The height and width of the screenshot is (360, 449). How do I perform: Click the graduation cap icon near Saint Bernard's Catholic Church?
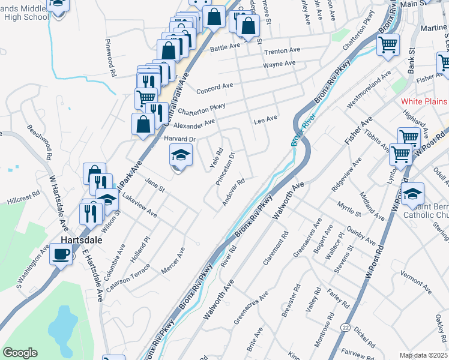click(412, 193)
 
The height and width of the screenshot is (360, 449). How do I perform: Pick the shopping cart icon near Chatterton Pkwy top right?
click(388, 44)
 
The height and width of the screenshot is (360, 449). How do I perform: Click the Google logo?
click(20, 353)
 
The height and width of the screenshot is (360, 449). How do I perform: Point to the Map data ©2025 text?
click(423, 355)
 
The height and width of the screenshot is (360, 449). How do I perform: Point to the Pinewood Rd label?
click(110, 58)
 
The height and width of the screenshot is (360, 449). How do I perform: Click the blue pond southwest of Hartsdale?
click(60, 327)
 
